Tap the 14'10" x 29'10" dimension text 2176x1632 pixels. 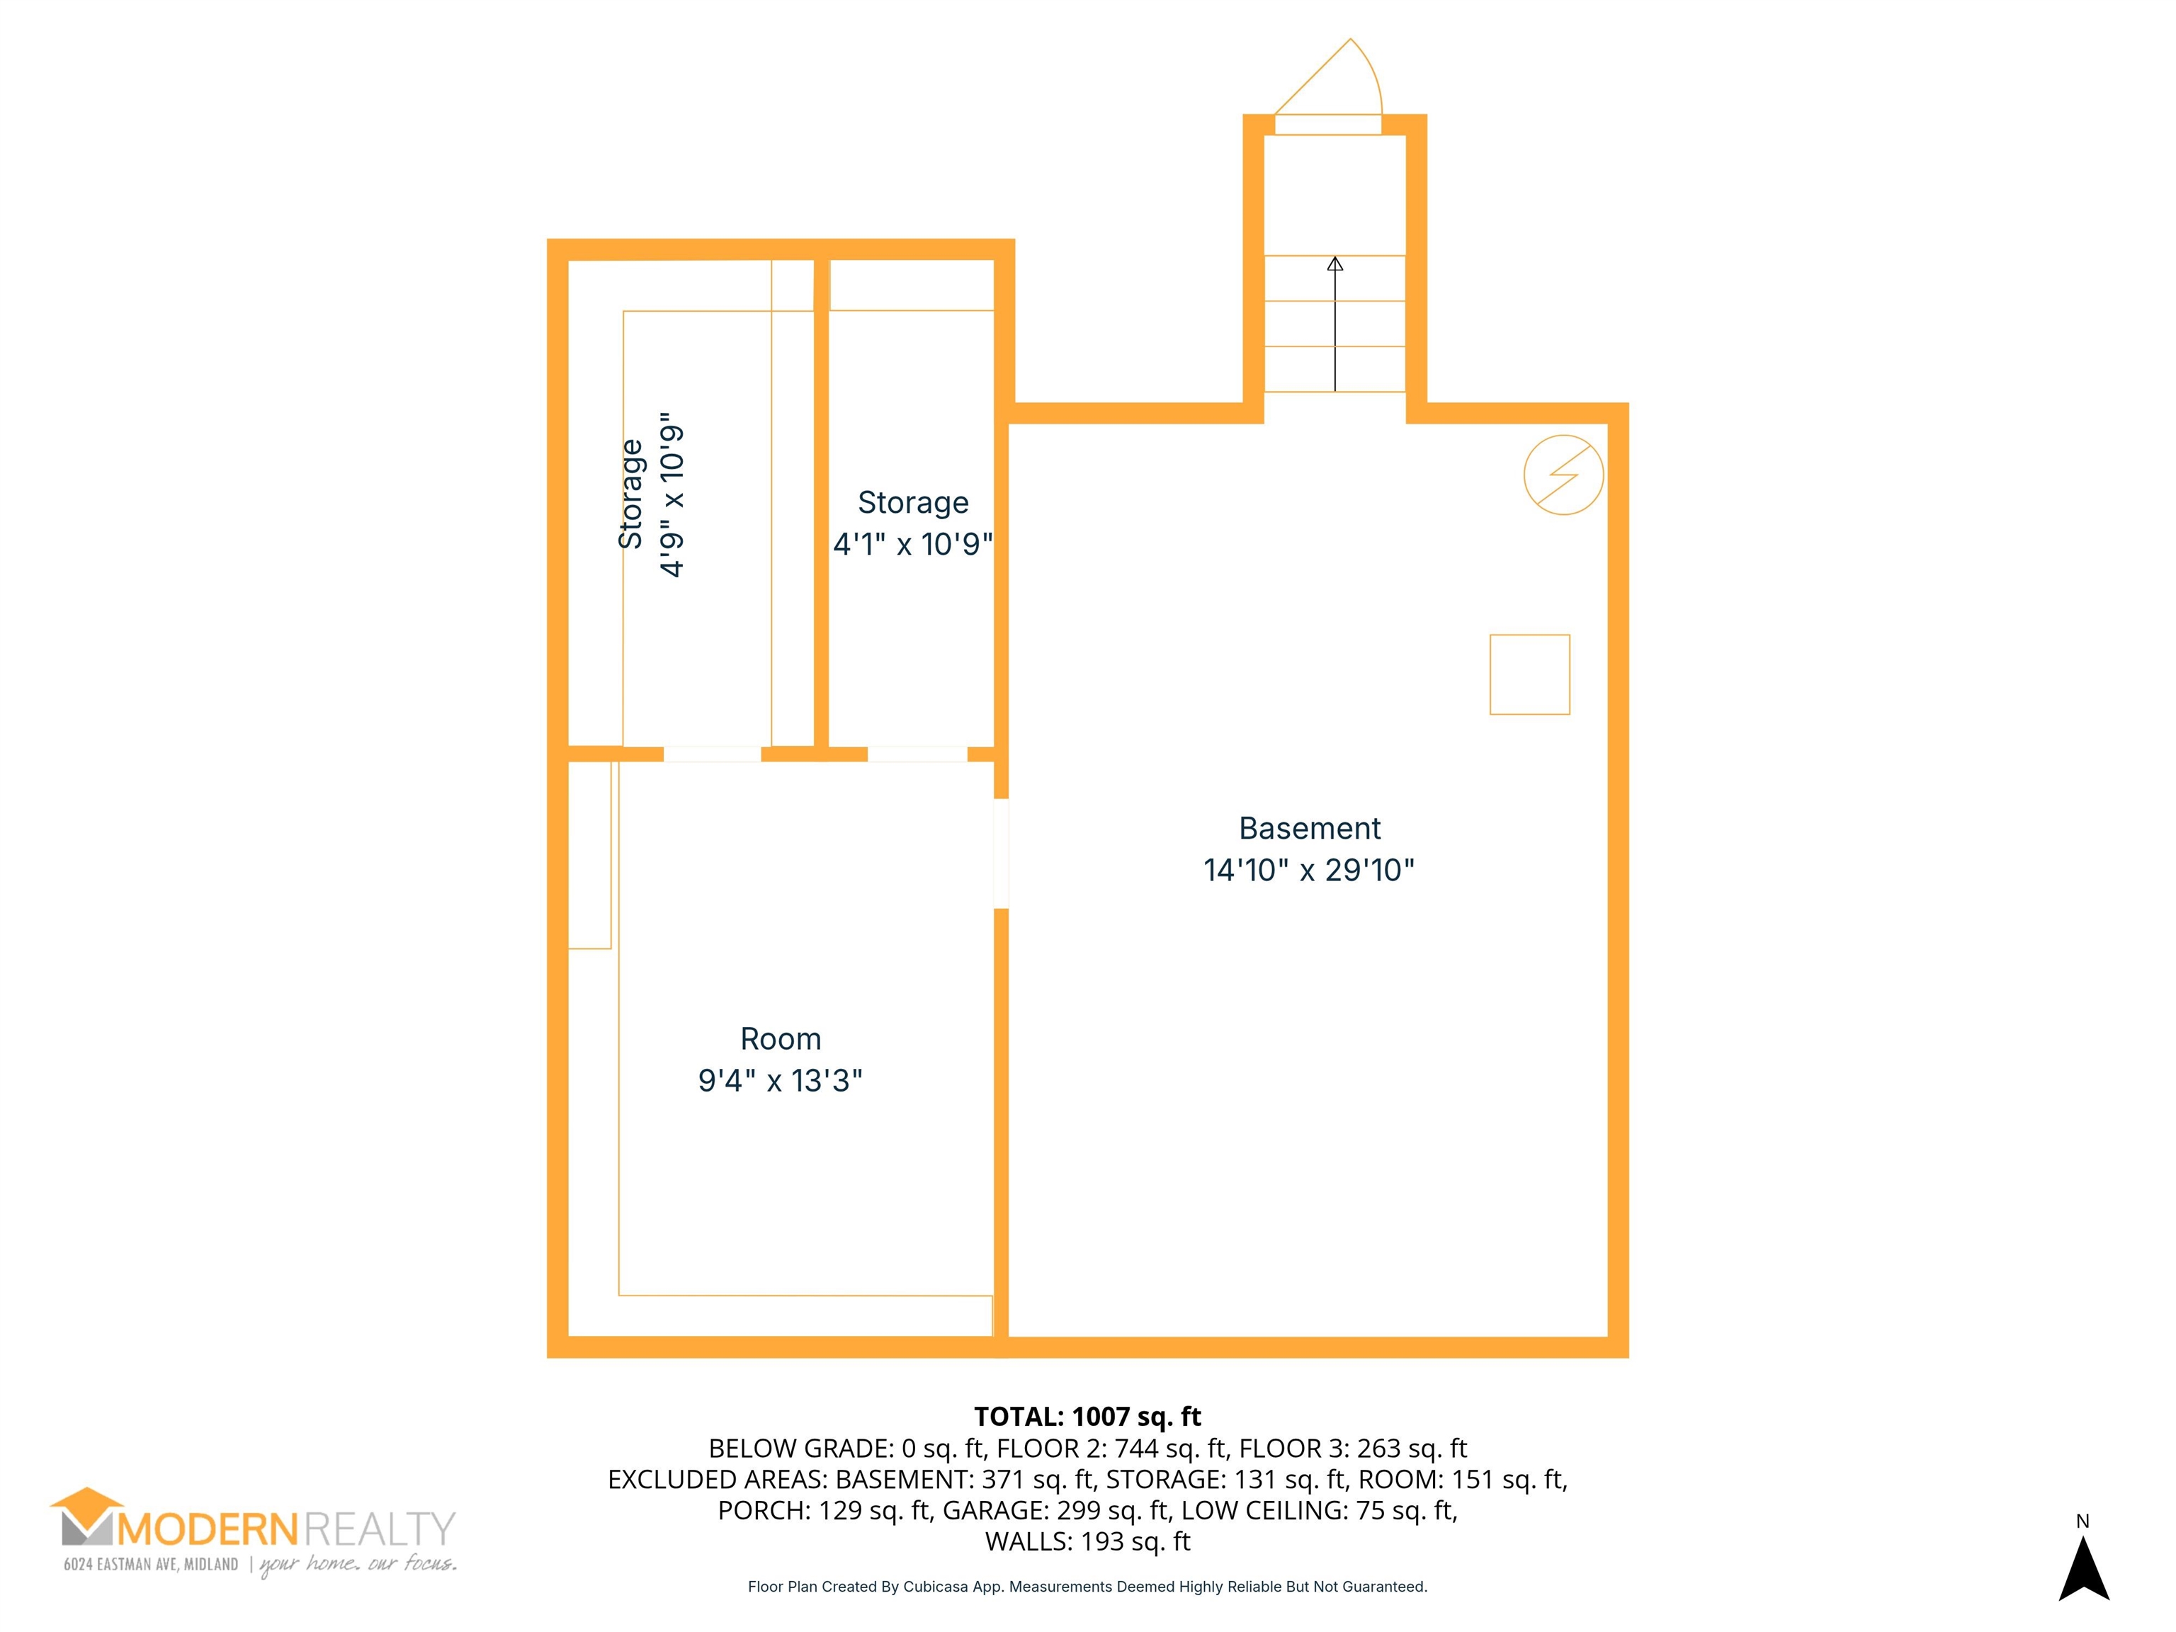1309,870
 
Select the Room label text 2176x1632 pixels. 780,1039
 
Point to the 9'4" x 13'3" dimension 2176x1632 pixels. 780,1080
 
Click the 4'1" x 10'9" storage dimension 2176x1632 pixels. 913,543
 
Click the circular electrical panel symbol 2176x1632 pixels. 1563,475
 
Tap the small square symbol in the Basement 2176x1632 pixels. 1530,675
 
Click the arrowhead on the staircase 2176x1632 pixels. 1335,263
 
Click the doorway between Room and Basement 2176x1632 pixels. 1002,854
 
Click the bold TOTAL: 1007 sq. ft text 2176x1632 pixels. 1087,1417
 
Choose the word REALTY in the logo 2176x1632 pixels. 380,1530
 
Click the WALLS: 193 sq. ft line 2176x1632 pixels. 1087,1541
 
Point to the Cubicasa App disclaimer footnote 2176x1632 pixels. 1087,1587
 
